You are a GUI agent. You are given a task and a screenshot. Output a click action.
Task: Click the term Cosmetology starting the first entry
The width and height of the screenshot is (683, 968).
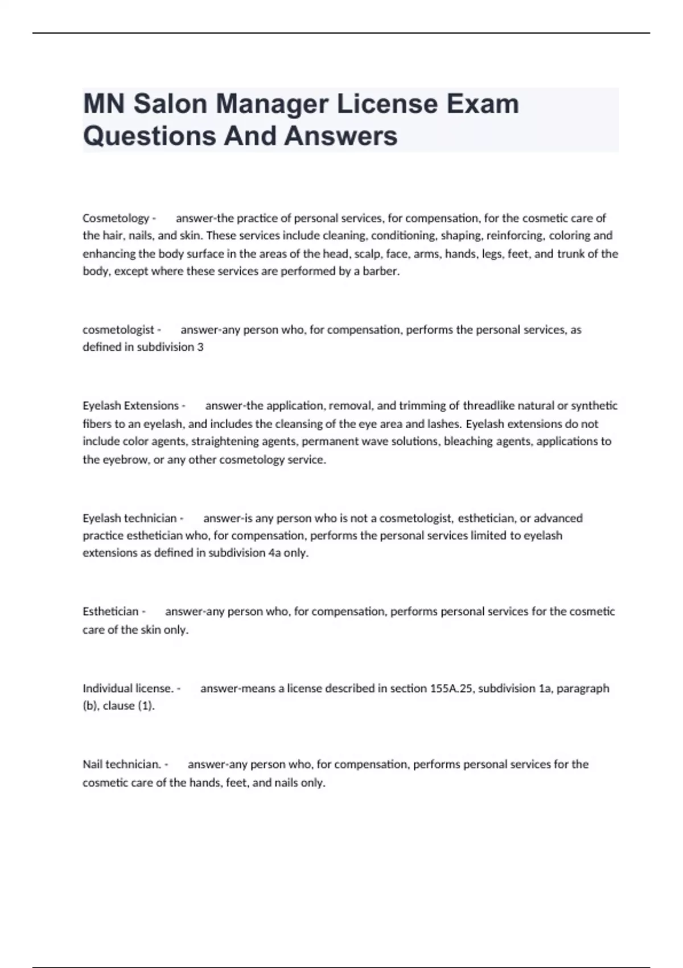(x=116, y=218)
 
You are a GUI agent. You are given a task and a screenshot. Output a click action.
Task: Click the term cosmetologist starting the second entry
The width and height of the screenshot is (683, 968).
(x=118, y=330)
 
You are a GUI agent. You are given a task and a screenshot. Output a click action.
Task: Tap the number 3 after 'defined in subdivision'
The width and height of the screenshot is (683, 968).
(x=200, y=347)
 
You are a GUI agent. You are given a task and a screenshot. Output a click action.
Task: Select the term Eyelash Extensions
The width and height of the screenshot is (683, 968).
(x=131, y=406)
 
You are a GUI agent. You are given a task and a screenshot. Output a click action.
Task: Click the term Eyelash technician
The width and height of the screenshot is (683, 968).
(x=130, y=518)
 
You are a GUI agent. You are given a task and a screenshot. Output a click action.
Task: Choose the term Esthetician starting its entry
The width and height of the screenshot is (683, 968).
(x=110, y=612)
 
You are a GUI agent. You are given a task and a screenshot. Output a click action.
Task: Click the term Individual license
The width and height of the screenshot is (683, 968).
(x=128, y=688)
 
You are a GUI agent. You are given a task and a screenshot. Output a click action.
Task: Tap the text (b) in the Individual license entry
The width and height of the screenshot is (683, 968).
(x=90, y=706)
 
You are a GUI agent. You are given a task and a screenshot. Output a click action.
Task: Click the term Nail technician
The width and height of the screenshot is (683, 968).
(x=121, y=764)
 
